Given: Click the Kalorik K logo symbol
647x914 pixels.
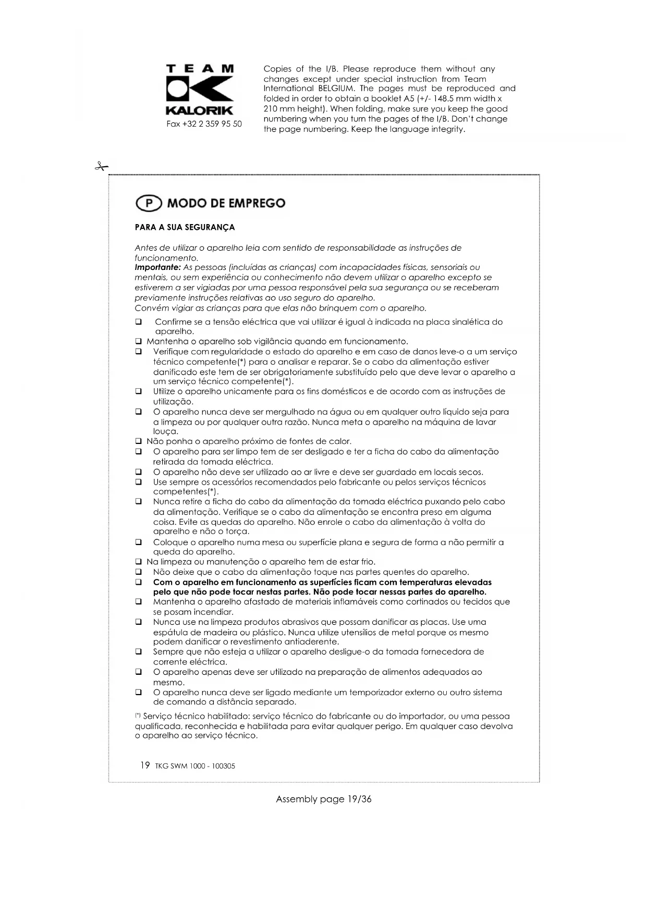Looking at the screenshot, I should click(x=200, y=89).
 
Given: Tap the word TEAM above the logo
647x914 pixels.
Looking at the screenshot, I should click(x=200, y=68).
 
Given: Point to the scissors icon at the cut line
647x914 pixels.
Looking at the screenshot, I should click(x=101, y=167).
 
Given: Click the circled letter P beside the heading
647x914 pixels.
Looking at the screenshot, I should click(x=149, y=203).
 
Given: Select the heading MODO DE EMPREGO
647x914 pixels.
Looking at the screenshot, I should click(x=226, y=203).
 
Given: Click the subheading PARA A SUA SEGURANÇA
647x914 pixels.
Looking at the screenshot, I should click(x=185, y=228).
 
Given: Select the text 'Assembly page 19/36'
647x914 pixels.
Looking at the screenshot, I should click(x=323, y=799).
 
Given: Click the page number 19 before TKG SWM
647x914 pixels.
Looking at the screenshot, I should click(x=145, y=765).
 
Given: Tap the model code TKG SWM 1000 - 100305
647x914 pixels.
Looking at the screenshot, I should click(x=195, y=766).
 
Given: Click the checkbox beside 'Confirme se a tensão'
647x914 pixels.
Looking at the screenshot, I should click(x=139, y=322).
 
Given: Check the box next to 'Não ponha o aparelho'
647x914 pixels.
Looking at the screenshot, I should click(x=139, y=442).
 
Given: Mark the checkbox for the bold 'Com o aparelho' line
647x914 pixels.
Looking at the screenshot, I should click(x=139, y=582).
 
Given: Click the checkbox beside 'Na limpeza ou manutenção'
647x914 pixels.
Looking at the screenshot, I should click(x=139, y=562).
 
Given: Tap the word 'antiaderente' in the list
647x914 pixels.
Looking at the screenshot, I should click(x=312, y=642).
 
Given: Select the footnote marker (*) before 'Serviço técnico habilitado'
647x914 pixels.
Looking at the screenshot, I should click(x=138, y=716).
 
